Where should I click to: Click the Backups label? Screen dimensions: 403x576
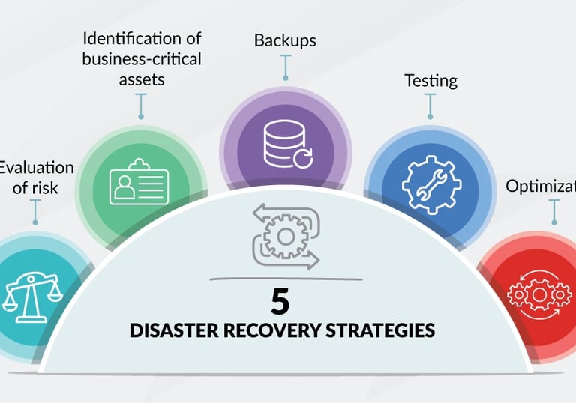coord(284,40)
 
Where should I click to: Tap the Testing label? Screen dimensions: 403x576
coord(430,80)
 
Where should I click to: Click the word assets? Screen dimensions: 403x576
coord(141,79)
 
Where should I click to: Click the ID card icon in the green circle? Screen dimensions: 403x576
coord(139,182)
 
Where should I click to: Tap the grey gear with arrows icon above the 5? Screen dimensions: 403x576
coord(286,237)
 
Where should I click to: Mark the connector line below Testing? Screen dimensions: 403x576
coord(430,106)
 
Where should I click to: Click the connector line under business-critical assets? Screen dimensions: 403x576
coord(140,105)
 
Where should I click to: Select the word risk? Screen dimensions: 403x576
coord(43,187)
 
